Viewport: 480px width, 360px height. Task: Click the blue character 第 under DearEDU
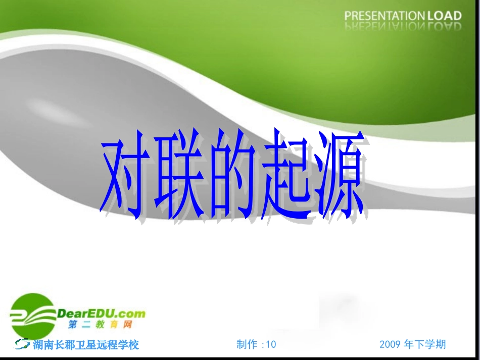click(x=73, y=325)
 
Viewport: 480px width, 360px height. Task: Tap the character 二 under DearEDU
click(x=86, y=325)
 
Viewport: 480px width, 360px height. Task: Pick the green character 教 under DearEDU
click(x=100, y=325)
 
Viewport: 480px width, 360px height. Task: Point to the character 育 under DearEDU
click(x=113, y=325)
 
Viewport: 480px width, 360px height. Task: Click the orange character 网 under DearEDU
click(x=127, y=325)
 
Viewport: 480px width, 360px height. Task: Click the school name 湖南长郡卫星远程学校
click(x=86, y=345)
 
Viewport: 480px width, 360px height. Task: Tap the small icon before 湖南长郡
click(x=22, y=344)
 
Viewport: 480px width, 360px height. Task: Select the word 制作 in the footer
click(x=248, y=344)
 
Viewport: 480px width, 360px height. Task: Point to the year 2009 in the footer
click(x=390, y=344)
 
